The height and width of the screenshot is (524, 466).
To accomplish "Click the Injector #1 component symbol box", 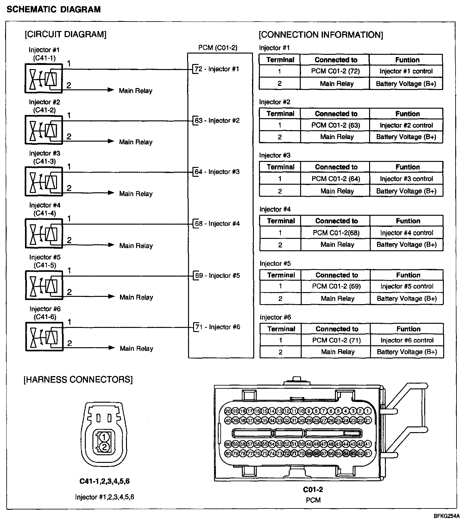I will tap(44, 78).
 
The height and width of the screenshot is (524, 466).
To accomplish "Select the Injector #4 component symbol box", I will tap(44, 233).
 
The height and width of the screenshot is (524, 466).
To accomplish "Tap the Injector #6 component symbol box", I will tap(44, 336).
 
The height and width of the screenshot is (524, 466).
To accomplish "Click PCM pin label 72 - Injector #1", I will tap(217, 69).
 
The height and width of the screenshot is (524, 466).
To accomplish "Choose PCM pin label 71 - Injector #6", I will tap(217, 327).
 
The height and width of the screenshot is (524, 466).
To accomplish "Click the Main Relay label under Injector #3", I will tap(136, 194).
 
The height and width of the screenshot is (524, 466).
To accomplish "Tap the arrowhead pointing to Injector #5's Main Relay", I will tap(111, 297).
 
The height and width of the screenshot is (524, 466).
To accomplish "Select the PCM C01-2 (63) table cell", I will tap(336, 125).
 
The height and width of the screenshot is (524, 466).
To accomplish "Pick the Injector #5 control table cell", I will tap(407, 286).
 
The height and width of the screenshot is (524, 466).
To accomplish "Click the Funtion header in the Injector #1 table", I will tap(407, 60).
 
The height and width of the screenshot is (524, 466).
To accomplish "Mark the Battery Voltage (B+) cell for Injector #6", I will tap(407, 352).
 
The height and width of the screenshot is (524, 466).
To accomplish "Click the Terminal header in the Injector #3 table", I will tap(280, 167).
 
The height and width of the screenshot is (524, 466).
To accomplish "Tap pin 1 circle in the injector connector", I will tap(104, 437).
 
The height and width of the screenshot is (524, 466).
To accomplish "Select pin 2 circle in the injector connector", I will tap(104, 447).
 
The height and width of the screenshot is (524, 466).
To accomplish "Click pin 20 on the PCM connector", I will tap(228, 411).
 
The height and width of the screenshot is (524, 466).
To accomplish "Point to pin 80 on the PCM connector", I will tap(228, 453).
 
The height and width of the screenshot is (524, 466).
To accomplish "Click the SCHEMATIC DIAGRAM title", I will tap(54, 10).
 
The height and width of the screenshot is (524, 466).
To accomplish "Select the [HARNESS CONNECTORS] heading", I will tap(78, 379).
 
